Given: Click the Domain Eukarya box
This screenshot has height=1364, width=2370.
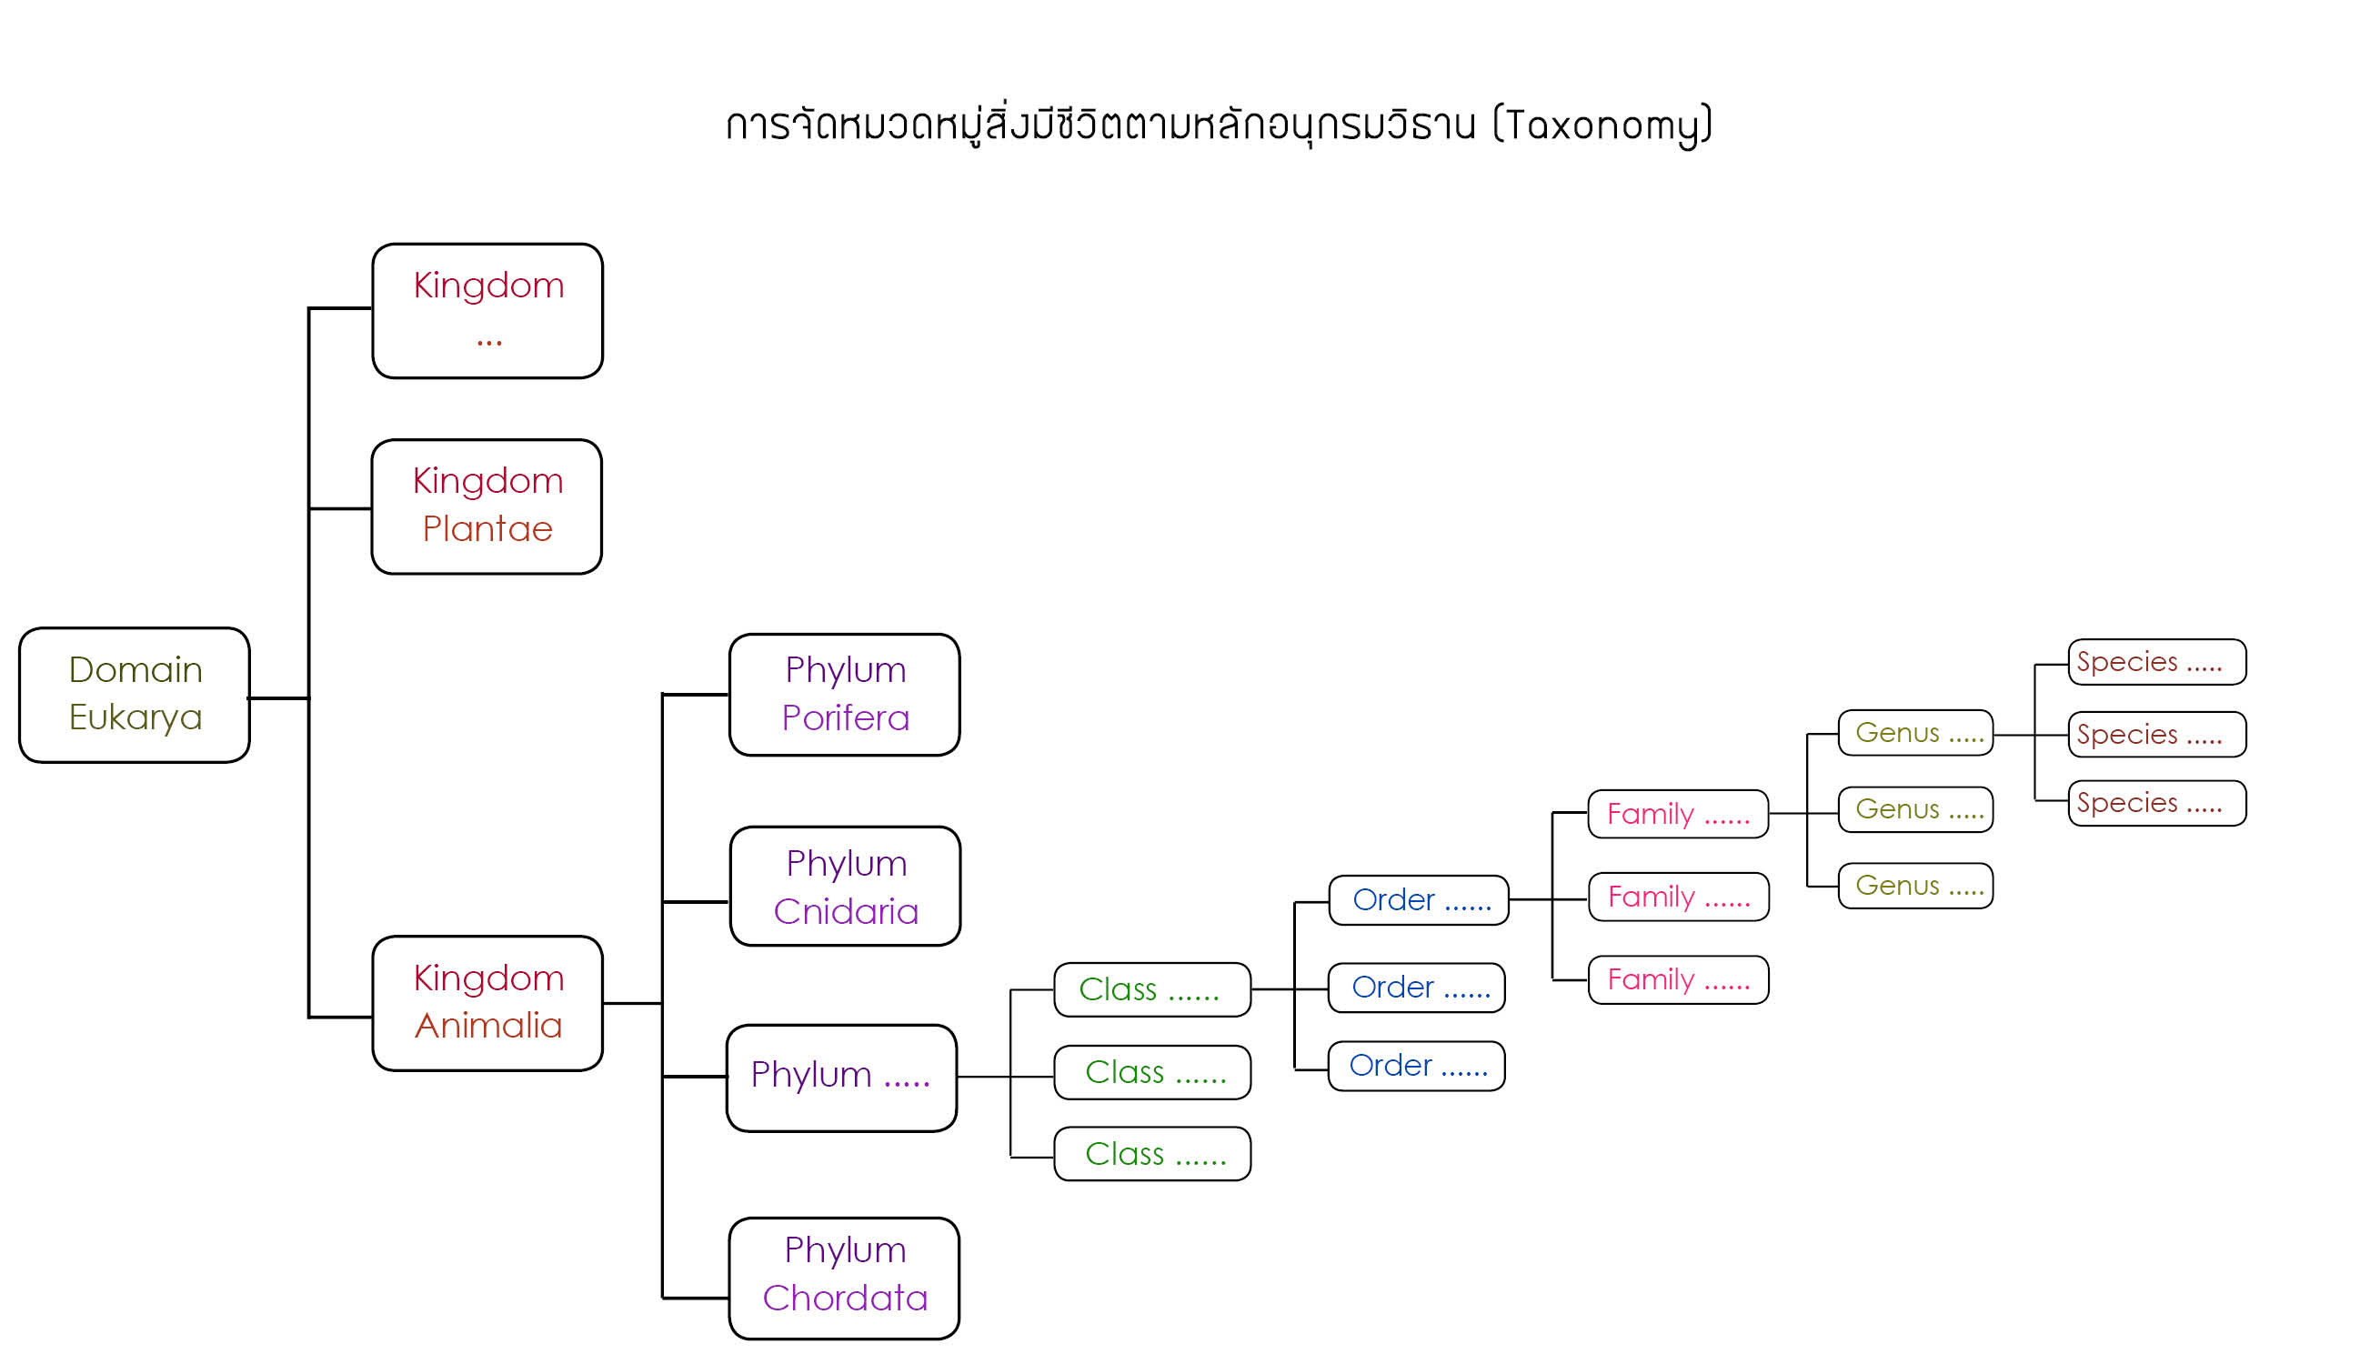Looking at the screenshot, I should (134, 695).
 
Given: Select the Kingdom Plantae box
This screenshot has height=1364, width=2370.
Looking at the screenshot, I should (487, 506).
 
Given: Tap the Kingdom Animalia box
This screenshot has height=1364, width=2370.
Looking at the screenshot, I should (487, 1003).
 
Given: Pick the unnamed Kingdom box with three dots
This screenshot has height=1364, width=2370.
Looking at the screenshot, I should (487, 311).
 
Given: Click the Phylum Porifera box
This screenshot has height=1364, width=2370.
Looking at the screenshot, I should (844, 695).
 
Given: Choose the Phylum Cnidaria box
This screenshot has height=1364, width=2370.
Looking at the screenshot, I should (845, 888).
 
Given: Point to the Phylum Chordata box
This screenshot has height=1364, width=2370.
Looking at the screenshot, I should (844, 1279).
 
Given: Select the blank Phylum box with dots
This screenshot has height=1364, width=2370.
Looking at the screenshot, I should (841, 1079).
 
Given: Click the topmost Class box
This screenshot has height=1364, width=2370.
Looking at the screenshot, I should (1151, 990).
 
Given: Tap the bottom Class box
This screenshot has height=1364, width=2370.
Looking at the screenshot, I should (1151, 1154).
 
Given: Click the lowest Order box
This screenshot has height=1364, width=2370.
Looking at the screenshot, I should (1416, 1066).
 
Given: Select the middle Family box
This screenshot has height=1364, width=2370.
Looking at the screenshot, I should (1679, 898).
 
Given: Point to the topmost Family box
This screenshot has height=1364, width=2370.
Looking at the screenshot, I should (1678, 814).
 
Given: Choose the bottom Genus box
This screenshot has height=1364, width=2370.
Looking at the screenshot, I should (1915, 887).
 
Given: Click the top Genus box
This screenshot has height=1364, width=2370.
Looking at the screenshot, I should (1915, 734).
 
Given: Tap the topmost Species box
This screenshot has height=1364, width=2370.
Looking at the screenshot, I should (2156, 662).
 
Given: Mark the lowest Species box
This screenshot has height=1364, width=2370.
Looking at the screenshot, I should (2156, 804).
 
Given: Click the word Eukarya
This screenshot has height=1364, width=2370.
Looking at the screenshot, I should (135, 717).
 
